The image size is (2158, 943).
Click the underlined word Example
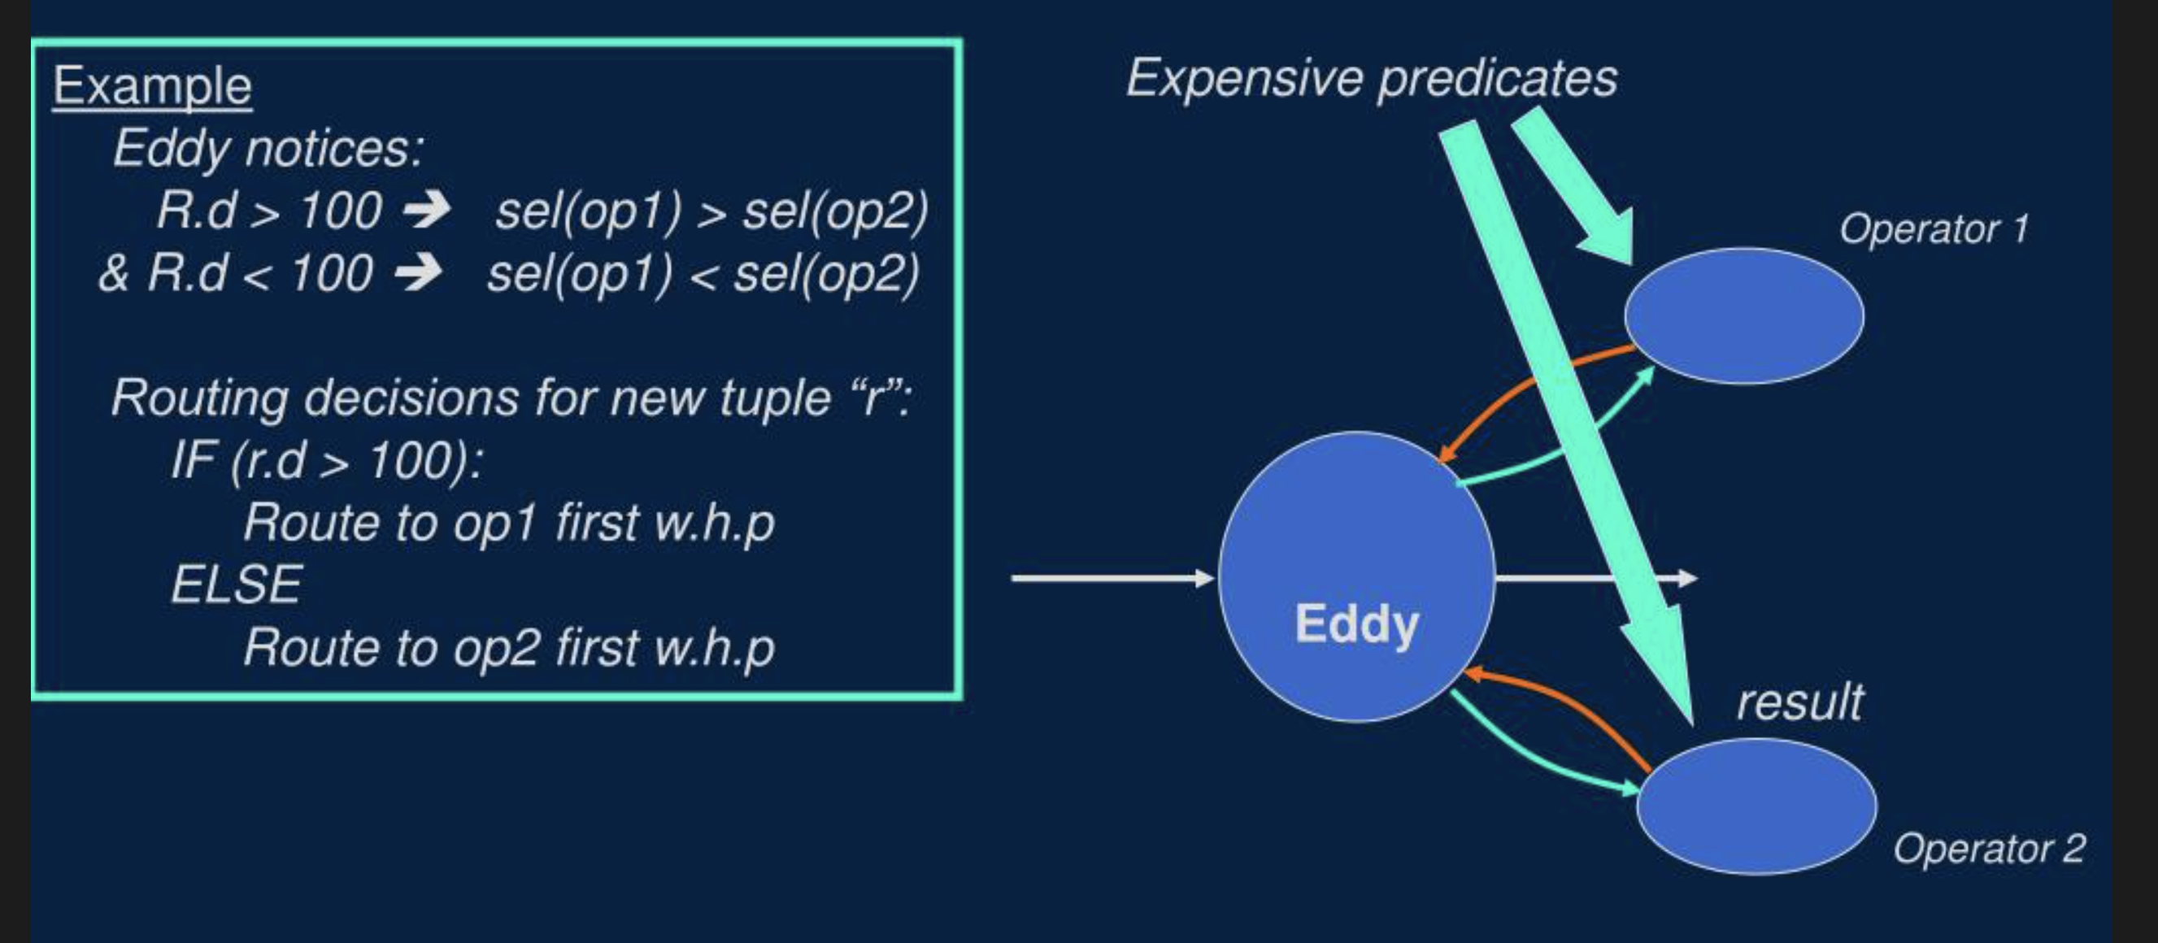pyautogui.click(x=153, y=86)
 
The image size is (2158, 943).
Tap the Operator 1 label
pyautogui.click(x=1934, y=228)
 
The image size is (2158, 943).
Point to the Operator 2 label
pyautogui.click(x=1989, y=849)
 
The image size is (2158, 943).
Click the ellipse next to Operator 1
pyautogui.click(x=1744, y=315)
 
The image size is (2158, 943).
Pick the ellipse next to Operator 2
pyautogui.click(x=1756, y=806)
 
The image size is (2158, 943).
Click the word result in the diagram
pyautogui.click(x=1799, y=702)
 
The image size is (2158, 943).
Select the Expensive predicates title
pyautogui.click(x=1372, y=79)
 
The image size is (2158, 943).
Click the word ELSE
pyautogui.click(x=237, y=584)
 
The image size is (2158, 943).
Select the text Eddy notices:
pyautogui.click(x=268, y=148)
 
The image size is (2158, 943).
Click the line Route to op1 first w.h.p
pyautogui.click(x=508, y=523)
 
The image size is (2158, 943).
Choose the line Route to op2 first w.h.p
pyautogui.click(x=508, y=647)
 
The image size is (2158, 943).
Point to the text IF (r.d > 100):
pyautogui.click(x=327, y=460)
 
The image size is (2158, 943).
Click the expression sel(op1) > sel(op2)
pyautogui.click(x=711, y=211)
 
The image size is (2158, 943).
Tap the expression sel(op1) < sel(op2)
pyautogui.click(x=703, y=274)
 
